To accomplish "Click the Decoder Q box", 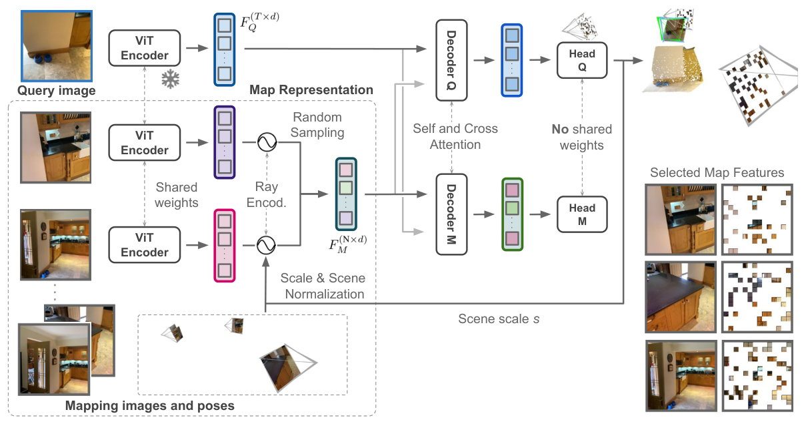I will (453, 59).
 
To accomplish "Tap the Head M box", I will (582, 214).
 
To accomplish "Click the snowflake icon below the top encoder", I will (171, 80).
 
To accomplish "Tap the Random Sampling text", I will (317, 125).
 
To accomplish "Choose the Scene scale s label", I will (499, 319).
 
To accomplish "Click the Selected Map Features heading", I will (717, 173).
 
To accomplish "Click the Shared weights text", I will (177, 194).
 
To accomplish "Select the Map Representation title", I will (311, 89).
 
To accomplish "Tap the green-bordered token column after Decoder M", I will (511, 214).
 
